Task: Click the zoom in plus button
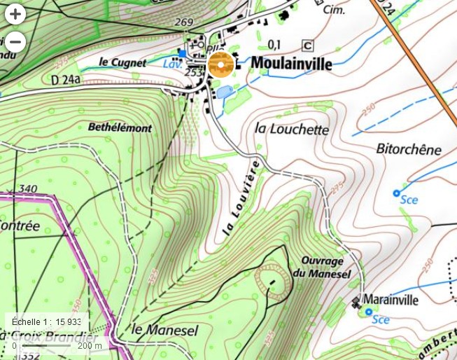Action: pos(15,14)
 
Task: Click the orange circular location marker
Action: pos(220,66)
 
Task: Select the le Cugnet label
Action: pos(122,62)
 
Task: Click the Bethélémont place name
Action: pos(120,127)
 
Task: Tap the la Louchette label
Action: pos(292,130)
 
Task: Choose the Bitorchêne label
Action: pos(409,149)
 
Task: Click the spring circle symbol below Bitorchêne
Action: pos(396,193)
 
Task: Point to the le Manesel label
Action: pos(164,329)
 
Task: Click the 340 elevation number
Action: pos(28,188)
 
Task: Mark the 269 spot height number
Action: pos(183,22)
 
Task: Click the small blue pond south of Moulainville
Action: pos(225,92)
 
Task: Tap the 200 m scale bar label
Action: pos(90,345)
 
